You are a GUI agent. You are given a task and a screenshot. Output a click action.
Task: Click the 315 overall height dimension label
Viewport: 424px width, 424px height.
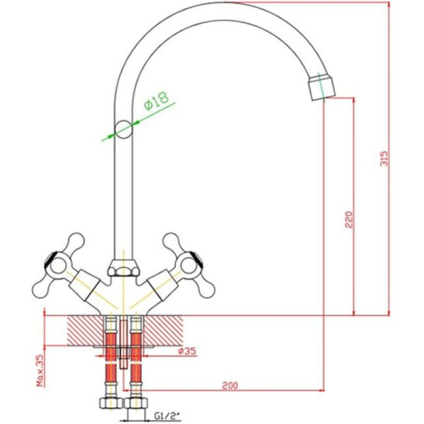(384, 158)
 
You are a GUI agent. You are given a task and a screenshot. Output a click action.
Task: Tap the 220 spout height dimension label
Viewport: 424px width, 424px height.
(349, 220)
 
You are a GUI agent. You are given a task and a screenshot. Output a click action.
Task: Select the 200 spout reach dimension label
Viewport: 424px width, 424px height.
(230, 385)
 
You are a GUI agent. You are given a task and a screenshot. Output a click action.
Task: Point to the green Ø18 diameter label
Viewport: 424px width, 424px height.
(156, 100)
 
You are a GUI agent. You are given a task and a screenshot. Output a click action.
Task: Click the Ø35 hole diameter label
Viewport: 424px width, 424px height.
(187, 351)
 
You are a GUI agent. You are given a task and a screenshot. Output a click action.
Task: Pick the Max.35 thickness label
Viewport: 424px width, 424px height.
(40, 370)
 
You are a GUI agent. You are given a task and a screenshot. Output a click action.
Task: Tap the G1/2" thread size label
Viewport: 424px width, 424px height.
(167, 414)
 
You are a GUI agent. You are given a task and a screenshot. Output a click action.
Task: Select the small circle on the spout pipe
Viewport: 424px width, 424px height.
(124, 129)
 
